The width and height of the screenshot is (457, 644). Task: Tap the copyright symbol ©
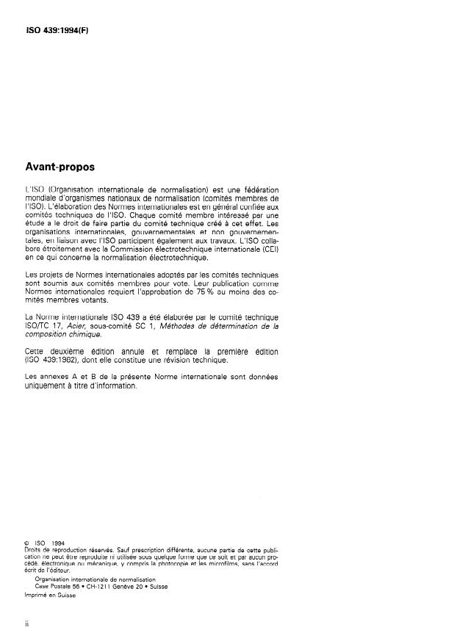(x=27, y=544)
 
